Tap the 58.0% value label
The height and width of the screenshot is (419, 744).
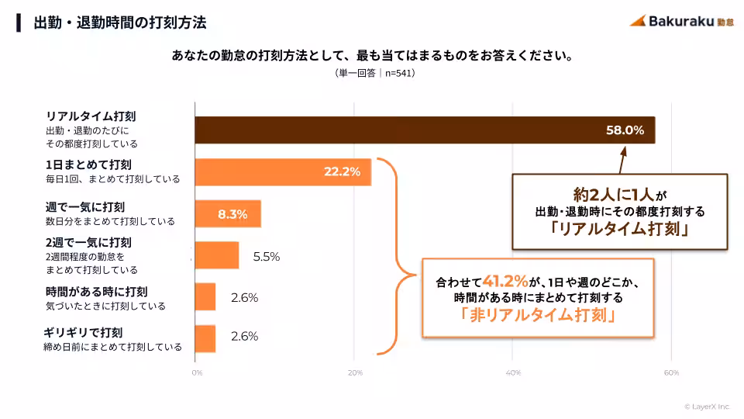(625, 130)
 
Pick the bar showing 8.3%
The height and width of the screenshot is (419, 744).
(227, 214)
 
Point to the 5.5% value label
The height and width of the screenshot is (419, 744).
(266, 256)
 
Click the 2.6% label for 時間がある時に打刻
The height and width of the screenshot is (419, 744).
(244, 297)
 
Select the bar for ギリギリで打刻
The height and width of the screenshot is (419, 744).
(205, 338)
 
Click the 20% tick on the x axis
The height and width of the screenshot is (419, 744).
(355, 373)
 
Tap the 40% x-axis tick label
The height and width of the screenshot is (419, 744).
(513, 373)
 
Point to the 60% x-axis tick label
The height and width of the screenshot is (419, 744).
(671, 373)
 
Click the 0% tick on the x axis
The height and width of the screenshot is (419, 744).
(198, 373)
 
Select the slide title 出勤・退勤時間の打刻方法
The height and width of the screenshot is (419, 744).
(120, 23)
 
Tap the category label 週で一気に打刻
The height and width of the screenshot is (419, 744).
(85, 207)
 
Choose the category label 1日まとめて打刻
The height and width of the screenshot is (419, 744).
(88, 164)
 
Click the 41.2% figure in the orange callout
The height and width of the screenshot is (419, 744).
(505, 279)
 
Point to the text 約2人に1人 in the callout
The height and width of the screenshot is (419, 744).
(612, 194)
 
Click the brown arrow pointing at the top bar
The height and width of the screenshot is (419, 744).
(621, 160)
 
